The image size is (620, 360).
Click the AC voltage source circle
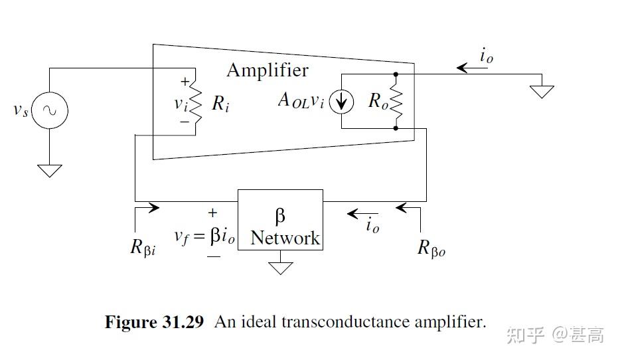pos(50,110)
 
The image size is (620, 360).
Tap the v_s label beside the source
pos(21,110)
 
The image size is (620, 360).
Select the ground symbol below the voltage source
pos(50,170)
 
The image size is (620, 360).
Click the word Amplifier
pos(268,70)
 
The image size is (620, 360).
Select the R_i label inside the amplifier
pos(221,103)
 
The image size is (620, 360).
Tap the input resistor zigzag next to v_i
pos(195,102)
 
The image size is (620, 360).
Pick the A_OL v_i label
pos(301,101)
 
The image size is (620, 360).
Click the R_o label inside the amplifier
pos(378,102)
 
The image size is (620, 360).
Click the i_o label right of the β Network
pos(372,225)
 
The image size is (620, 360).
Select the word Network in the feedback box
pos(285,238)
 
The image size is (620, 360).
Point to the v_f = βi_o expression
pos(204,236)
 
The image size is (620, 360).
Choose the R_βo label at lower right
pos(431,248)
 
